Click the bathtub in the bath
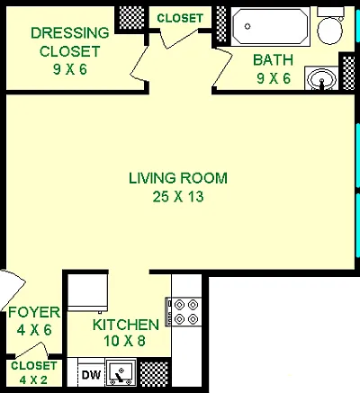pyautogui.click(x=271, y=27)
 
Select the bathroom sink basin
pyautogui.click(x=321, y=78)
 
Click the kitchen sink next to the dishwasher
pyautogui.click(x=121, y=372)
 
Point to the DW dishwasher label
pyautogui.click(x=91, y=375)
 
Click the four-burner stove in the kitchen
pyautogui.click(x=184, y=312)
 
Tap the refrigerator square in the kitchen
pyautogui.click(x=87, y=293)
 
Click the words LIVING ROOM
pyautogui.click(x=178, y=178)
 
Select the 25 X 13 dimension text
pyautogui.click(x=178, y=197)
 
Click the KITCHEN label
pyautogui.click(x=126, y=325)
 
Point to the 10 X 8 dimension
pyautogui.click(x=124, y=341)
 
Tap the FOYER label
pyautogui.click(x=34, y=312)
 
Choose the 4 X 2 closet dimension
pyautogui.click(x=33, y=380)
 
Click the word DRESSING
pyautogui.click(x=70, y=33)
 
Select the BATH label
pyautogui.click(x=273, y=60)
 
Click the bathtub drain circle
pyautogui.click(x=247, y=26)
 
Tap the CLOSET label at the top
pyautogui.click(x=180, y=18)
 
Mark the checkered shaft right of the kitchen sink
pyautogui.click(x=154, y=374)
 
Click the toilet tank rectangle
pyautogui.click(x=330, y=12)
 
